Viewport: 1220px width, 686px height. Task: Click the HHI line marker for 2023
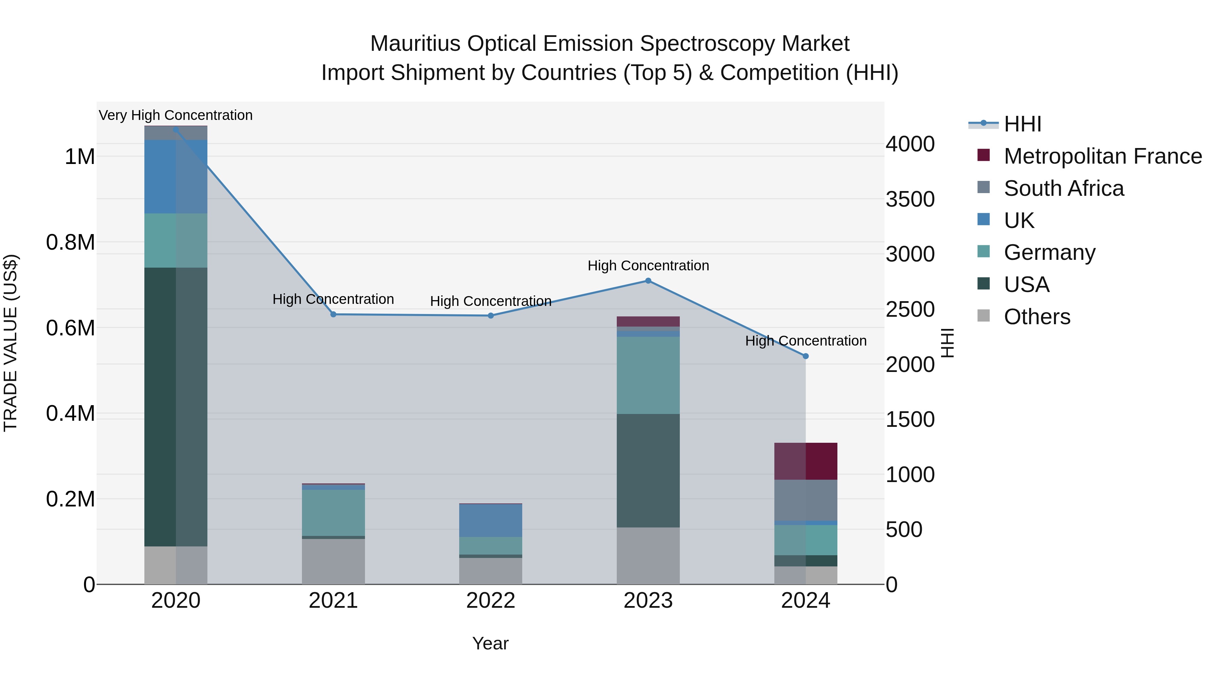click(648, 281)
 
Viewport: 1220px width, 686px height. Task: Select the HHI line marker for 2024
click(806, 356)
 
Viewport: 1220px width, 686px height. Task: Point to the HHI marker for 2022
click(491, 316)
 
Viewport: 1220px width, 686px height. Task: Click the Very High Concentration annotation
click(176, 116)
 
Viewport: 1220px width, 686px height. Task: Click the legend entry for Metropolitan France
click(1102, 156)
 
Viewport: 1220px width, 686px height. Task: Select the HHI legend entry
click(1022, 124)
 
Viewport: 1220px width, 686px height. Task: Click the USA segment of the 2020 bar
click(176, 407)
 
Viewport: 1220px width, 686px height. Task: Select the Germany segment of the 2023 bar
click(648, 375)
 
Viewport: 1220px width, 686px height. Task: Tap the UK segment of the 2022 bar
click(491, 520)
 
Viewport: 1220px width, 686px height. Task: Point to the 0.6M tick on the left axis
click(70, 328)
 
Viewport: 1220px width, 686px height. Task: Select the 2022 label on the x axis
click(491, 601)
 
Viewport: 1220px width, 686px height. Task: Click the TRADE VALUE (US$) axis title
click(11, 343)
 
